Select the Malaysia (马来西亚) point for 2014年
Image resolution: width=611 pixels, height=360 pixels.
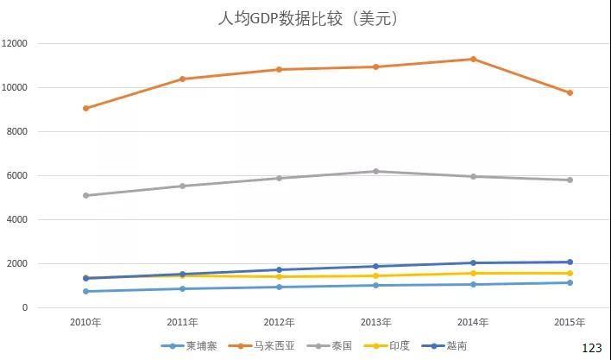pos(473,59)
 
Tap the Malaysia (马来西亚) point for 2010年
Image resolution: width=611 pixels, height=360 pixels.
pos(85,108)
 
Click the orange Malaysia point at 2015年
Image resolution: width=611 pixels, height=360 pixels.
pos(570,92)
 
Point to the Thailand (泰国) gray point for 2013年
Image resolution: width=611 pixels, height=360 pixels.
pos(375,171)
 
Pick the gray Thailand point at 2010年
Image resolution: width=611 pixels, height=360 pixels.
pos(85,195)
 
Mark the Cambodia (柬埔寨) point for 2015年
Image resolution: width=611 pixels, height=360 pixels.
pos(570,282)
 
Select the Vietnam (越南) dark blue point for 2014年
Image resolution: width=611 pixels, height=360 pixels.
pos(473,262)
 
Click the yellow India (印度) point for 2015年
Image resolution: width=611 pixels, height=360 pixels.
pos(570,273)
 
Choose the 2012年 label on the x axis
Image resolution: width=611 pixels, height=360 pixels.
pos(279,322)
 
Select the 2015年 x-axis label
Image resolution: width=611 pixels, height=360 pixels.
pos(570,322)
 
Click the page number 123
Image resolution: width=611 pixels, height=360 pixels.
pos(591,347)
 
